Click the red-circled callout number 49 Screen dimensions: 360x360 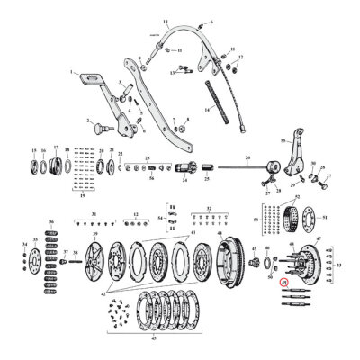point(283,282)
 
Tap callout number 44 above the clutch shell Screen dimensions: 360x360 point(219,232)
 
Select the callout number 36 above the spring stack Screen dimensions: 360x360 point(50,221)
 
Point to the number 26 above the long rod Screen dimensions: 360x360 point(245,157)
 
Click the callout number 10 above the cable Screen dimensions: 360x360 point(165,20)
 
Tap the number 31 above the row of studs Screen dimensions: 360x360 point(93,213)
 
